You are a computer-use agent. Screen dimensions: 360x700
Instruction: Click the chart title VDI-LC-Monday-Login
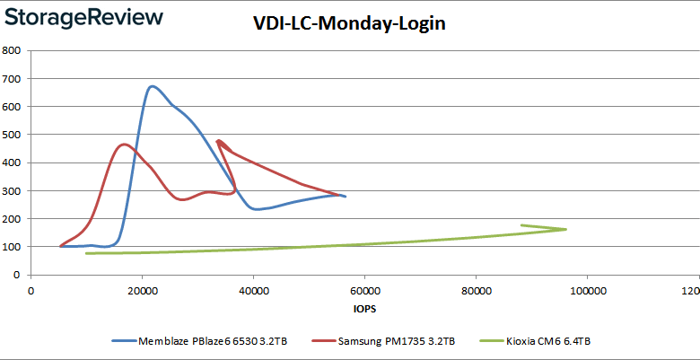[349, 24]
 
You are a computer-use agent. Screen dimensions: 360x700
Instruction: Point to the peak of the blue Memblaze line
[152, 86]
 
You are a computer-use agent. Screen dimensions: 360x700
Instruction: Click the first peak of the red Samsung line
[124, 144]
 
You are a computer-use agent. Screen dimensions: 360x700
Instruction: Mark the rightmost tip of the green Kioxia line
[566, 229]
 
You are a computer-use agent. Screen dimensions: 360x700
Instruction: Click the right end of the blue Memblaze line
[346, 196]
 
